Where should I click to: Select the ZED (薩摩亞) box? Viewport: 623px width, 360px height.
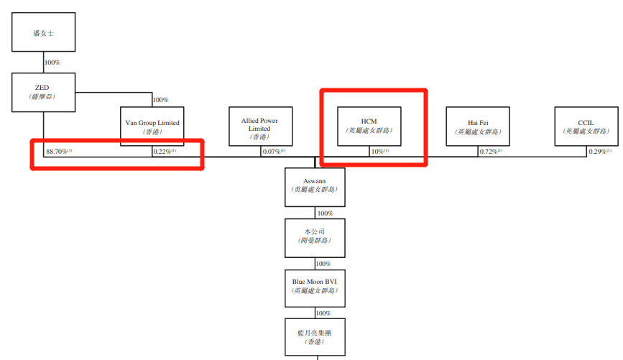(43, 92)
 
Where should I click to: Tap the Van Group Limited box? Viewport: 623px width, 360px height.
(152, 126)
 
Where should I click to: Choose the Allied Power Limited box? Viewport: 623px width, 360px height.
(260, 127)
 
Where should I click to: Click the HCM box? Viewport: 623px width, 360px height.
(369, 126)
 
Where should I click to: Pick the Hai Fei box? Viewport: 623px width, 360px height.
(478, 126)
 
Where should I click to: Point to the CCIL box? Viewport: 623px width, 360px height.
(586, 126)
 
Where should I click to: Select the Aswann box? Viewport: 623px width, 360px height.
(315, 186)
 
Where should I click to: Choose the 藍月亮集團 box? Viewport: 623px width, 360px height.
(315, 336)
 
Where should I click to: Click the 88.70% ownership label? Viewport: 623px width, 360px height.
(57, 152)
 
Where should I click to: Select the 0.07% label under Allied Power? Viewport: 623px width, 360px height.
(273, 152)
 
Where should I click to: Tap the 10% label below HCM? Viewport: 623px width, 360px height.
(379, 152)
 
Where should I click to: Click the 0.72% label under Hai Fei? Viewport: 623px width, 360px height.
(490, 152)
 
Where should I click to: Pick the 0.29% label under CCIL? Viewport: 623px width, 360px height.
(599, 152)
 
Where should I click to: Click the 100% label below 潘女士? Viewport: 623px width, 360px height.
(52, 63)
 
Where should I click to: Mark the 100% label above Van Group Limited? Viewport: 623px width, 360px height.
(161, 100)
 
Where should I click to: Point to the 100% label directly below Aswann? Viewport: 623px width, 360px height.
(324, 213)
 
